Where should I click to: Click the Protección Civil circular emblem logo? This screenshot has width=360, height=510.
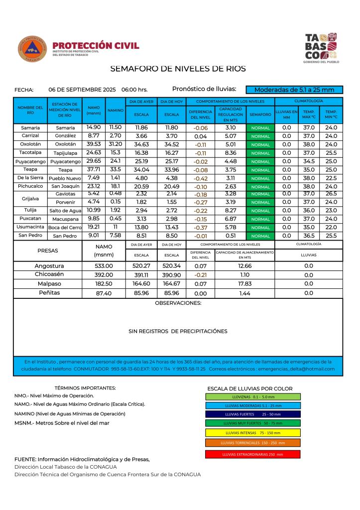coord(32,49)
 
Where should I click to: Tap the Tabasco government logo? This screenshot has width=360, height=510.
coord(321,47)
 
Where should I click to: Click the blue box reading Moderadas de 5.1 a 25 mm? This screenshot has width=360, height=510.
coord(294,90)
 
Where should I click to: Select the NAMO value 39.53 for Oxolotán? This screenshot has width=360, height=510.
coord(94,144)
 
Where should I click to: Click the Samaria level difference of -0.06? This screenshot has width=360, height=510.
coord(201,128)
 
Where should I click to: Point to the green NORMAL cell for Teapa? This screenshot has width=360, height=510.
coord(260,170)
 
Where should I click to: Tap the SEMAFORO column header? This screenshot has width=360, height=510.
coord(260,115)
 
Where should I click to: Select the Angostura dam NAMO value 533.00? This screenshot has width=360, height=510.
coord(104,266)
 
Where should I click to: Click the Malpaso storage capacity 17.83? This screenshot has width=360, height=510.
coord(244,284)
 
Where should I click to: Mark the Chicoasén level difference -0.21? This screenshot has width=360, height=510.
coord(201,275)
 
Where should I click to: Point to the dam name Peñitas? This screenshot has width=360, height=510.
coord(49,293)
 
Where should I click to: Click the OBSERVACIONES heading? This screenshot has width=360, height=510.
coord(178,303)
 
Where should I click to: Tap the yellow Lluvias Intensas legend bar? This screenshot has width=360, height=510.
coord(252,433)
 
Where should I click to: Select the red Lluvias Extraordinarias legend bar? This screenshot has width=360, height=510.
coord(252,454)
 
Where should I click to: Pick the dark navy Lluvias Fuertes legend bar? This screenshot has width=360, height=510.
coord(252,414)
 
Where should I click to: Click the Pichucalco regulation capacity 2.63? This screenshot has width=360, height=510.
coord(231,186)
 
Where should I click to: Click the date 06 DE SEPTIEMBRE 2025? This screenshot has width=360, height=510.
coord(82,90)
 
